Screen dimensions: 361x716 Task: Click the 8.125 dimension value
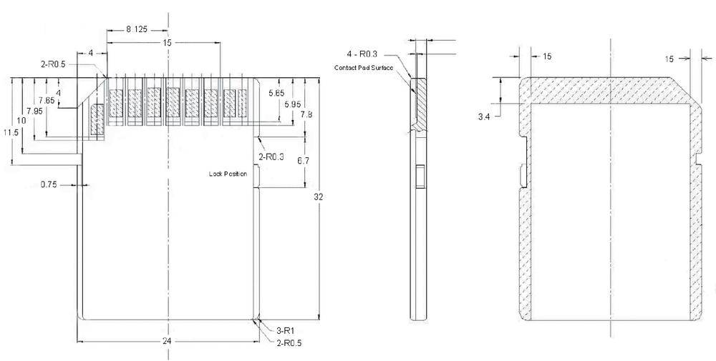pyautogui.click(x=137, y=30)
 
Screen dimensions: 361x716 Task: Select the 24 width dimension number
pyautogui.click(x=167, y=342)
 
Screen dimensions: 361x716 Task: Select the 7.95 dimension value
pyautogui.click(x=34, y=111)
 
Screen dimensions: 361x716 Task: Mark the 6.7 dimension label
pyautogui.click(x=303, y=161)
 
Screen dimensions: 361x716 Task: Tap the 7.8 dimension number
pyautogui.click(x=306, y=114)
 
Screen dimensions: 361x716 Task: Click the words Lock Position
pyautogui.click(x=227, y=174)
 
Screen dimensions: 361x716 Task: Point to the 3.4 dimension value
pyautogui.click(x=485, y=115)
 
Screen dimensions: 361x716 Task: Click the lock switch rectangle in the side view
pyautogui.click(x=420, y=175)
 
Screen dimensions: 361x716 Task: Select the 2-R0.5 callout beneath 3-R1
pyautogui.click(x=289, y=343)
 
